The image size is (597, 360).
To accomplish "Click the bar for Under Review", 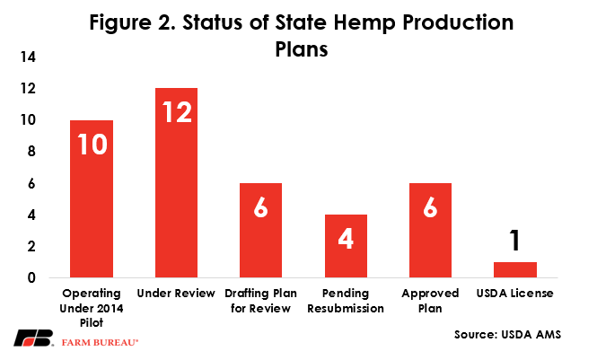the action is click(176, 182).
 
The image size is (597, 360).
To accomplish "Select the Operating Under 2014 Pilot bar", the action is click(92, 198).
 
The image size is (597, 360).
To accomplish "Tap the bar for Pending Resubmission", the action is click(346, 246).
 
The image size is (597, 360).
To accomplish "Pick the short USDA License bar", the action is click(515, 270).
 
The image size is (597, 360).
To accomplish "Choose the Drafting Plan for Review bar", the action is click(261, 230).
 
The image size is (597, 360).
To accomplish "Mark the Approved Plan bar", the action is click(430, 230).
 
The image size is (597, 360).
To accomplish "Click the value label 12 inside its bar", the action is click(177, 112).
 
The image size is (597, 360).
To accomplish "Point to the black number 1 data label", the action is click(514, 240).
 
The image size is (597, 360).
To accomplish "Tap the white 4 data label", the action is click(346, 239).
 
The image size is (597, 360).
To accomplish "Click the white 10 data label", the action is click(92, 145).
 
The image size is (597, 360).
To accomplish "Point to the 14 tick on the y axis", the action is click(28, 57).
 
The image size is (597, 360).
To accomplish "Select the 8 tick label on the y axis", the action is click(31, 152).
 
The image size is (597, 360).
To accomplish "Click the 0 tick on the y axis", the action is click(31, 277).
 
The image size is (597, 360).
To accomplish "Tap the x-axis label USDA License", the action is click(514, 294).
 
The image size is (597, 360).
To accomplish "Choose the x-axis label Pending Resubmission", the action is click(346, 301).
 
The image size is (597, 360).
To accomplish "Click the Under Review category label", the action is click(176, 294).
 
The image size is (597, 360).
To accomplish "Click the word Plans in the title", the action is click(302, 49).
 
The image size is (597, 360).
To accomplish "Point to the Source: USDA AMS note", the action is click(507, 335).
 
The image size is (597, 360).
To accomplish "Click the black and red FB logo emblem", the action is click(33, 338).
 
